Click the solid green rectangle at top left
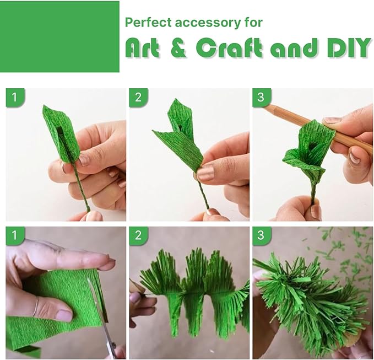[59, 36]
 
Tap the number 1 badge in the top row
[15, 98]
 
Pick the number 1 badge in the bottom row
[15, 236]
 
